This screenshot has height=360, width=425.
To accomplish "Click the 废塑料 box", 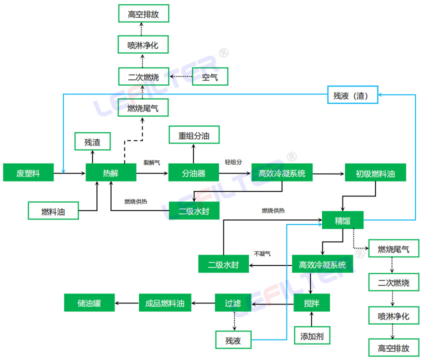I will point(28,173).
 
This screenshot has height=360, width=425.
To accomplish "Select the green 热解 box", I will point(110,173).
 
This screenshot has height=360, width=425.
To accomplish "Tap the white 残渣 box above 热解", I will point(92,142).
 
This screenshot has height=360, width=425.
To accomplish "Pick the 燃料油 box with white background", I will point(53,211).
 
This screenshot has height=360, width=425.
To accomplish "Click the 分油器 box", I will point(193,173).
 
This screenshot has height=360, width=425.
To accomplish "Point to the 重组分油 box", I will point(194,135).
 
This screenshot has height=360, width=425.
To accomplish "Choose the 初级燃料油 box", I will point(375,173).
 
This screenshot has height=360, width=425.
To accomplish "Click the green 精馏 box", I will point(342,220).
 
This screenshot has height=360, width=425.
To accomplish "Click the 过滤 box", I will point(233,302).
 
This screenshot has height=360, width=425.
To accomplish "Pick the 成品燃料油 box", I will point(165,303).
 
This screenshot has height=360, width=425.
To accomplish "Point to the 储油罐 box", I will point(89,302).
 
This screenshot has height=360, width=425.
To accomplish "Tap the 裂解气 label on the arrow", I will point(151,162).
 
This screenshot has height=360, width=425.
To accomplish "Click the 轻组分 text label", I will point(233,162).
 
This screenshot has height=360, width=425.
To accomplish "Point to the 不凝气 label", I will point(262,253).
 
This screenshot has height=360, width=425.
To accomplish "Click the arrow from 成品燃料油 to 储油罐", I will point(127,303).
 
